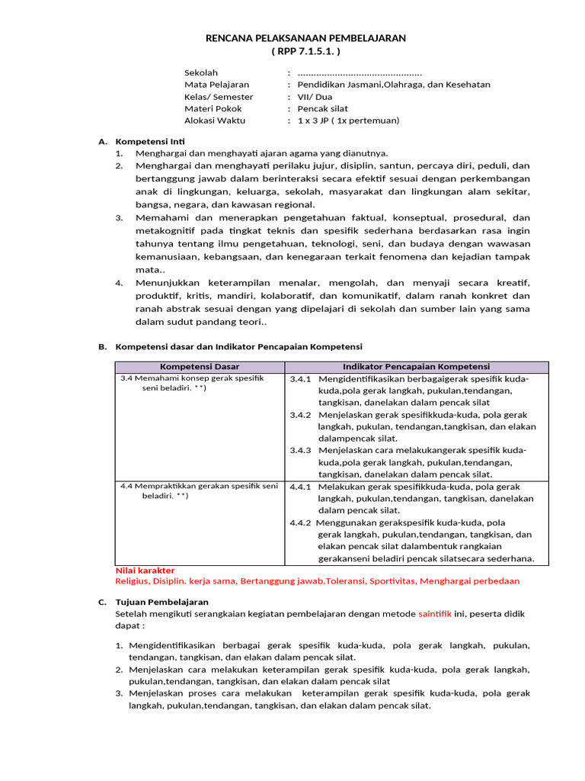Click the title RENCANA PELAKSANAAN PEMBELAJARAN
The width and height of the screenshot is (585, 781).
pyautogui.click(x=306, y=37)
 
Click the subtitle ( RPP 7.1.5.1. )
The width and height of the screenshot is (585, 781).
pyautogui.click(x=306, y=50)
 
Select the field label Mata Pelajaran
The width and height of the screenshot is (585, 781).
pyautogui.click(x=216, y=85)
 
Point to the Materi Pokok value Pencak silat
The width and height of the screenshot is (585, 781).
pyautogui.click(x=322, y=108)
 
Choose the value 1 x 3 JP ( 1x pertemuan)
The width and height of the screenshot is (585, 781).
pyautogui.click(x=348, y=121)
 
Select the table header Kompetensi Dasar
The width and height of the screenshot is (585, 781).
pyautogui.click(x=200, y=367)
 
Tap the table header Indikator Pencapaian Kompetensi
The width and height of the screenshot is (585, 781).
pyautogui.click(x=417, y=367)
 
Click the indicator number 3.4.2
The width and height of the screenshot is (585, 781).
pyautogui.click(x=300, y=415)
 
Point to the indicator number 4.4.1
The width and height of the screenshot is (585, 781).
pyautogui.click(x=300, y=487)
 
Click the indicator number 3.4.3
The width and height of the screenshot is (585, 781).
pyautogui.click(x=300, y=450)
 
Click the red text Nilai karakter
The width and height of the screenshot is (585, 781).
pyautogui.click(x=145, y=570)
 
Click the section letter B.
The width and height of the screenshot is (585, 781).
pyautogui.click(x=102, y=346)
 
